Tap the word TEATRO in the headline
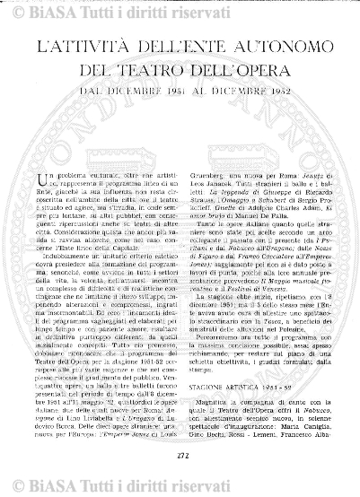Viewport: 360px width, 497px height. pyautogui.click(x=161, y=69)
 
